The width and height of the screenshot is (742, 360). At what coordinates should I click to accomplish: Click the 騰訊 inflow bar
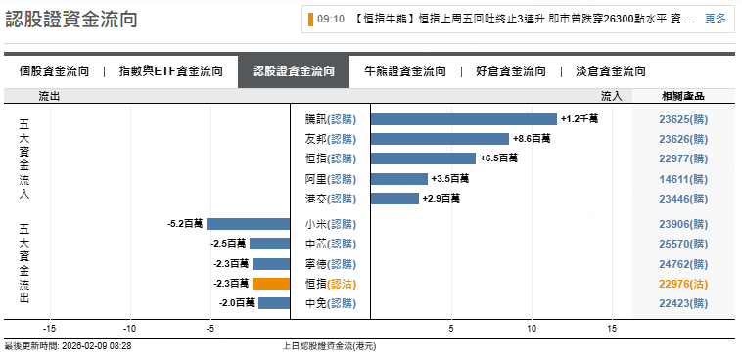(463, 118)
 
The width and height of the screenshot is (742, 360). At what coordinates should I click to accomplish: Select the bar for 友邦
(440, 139)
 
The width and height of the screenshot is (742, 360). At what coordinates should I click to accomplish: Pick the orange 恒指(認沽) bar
(271, 284)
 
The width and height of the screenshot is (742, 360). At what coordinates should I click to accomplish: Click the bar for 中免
(274, 303)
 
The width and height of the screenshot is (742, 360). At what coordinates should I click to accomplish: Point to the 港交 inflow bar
(394, 199)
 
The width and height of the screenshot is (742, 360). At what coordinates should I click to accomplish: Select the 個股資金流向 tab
(55, 71)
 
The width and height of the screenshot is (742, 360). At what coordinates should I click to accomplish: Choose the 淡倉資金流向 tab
(611, 71)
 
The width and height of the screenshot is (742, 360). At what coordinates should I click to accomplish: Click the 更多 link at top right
(716, 19)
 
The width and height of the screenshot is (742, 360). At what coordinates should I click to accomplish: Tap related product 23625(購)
(682, 119)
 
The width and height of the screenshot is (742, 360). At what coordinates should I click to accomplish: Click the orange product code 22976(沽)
(682, 284)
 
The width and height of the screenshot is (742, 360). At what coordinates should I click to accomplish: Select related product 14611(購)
(682, 179)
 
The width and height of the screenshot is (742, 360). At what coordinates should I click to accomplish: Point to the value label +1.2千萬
(580, 119)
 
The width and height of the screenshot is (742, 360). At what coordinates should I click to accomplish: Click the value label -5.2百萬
(185, 224)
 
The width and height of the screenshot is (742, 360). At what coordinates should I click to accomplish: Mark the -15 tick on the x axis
(48, 329)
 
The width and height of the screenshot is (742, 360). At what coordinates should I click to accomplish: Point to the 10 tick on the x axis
(533, 329)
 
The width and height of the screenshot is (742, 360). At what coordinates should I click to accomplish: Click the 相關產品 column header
(682, 96)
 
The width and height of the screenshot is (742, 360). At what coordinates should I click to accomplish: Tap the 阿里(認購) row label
(330, 179)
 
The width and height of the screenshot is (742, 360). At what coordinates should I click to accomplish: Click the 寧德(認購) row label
(330, 264)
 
